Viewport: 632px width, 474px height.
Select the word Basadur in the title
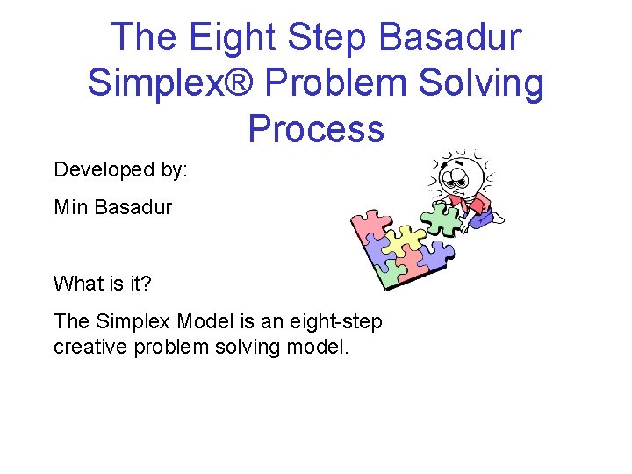(451, 38)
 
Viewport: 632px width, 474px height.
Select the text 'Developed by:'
(120, 169)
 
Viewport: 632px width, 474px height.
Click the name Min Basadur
(113, 207)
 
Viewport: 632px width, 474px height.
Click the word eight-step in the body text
(340, 321)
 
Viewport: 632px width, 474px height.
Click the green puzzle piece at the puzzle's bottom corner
(390, 276)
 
